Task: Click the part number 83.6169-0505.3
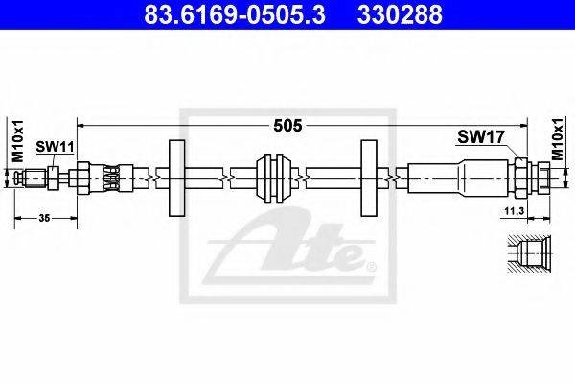(235, 14)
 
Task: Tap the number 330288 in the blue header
(400, 14)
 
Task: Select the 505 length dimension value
(287, 126)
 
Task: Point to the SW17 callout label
(481, 137)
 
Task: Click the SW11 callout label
(55, 147)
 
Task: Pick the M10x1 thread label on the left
(17, 140)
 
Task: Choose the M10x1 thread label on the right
(558, 139)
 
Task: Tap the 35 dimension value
(44, 218)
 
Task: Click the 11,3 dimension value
(514, 211)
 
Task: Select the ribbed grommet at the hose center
(274, 179)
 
